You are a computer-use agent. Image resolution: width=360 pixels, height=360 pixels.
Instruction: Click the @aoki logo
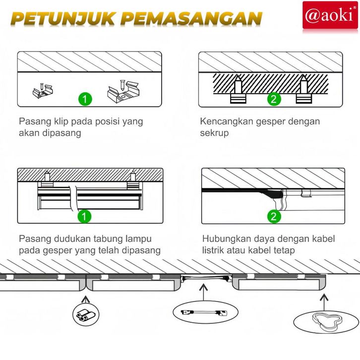tap(330, 15)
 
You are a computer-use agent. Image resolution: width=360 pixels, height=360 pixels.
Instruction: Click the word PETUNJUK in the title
tap(62, 19)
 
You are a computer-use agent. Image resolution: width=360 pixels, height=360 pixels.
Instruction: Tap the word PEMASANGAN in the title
tap(194, 18)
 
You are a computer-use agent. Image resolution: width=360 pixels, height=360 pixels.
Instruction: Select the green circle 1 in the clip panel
tap(85, 99)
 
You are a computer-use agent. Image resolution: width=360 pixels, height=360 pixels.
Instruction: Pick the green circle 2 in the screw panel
tap(274, 99)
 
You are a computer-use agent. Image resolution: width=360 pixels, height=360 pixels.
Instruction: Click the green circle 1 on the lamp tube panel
tap(84, 216)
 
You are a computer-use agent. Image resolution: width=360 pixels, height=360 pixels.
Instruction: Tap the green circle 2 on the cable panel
tap(274, 216)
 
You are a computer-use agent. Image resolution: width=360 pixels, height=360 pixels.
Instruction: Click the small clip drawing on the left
tap(43, 91)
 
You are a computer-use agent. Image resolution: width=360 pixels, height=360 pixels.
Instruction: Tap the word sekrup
tap(214, 133)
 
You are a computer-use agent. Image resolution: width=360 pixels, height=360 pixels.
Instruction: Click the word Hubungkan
tap(231, 239)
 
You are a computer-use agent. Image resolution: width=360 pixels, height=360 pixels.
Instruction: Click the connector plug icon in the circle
tap(86, 314)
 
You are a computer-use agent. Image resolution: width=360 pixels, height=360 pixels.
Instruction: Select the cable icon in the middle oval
tap(204, 312)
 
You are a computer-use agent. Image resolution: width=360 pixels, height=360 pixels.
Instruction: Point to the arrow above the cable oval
tap(203, 293)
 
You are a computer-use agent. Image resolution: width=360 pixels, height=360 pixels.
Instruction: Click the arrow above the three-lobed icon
tap(324, 302)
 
